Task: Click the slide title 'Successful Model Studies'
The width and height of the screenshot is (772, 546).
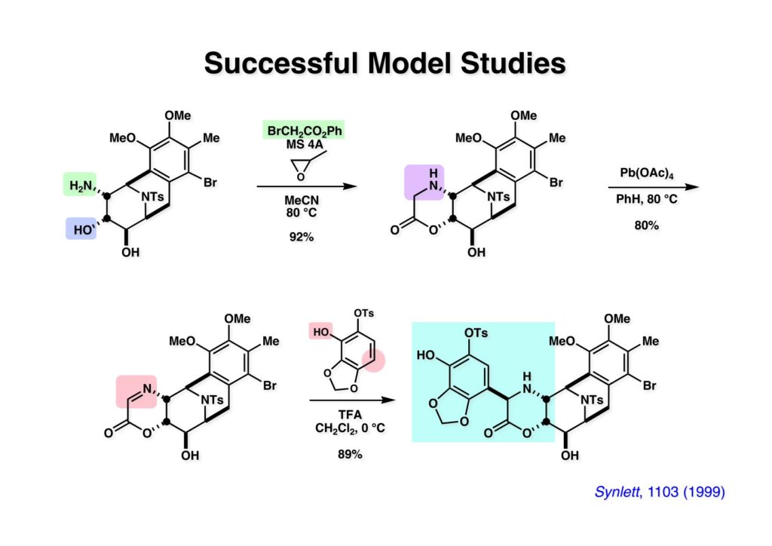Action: (x=384, y=63)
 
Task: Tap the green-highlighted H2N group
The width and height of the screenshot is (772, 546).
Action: (x=80, y=185)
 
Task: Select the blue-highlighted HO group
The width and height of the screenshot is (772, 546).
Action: (x=79, y=226)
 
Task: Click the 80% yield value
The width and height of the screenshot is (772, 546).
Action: (x=640, y=223)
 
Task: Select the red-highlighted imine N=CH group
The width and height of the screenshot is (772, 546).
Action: (x=136, y=390)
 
